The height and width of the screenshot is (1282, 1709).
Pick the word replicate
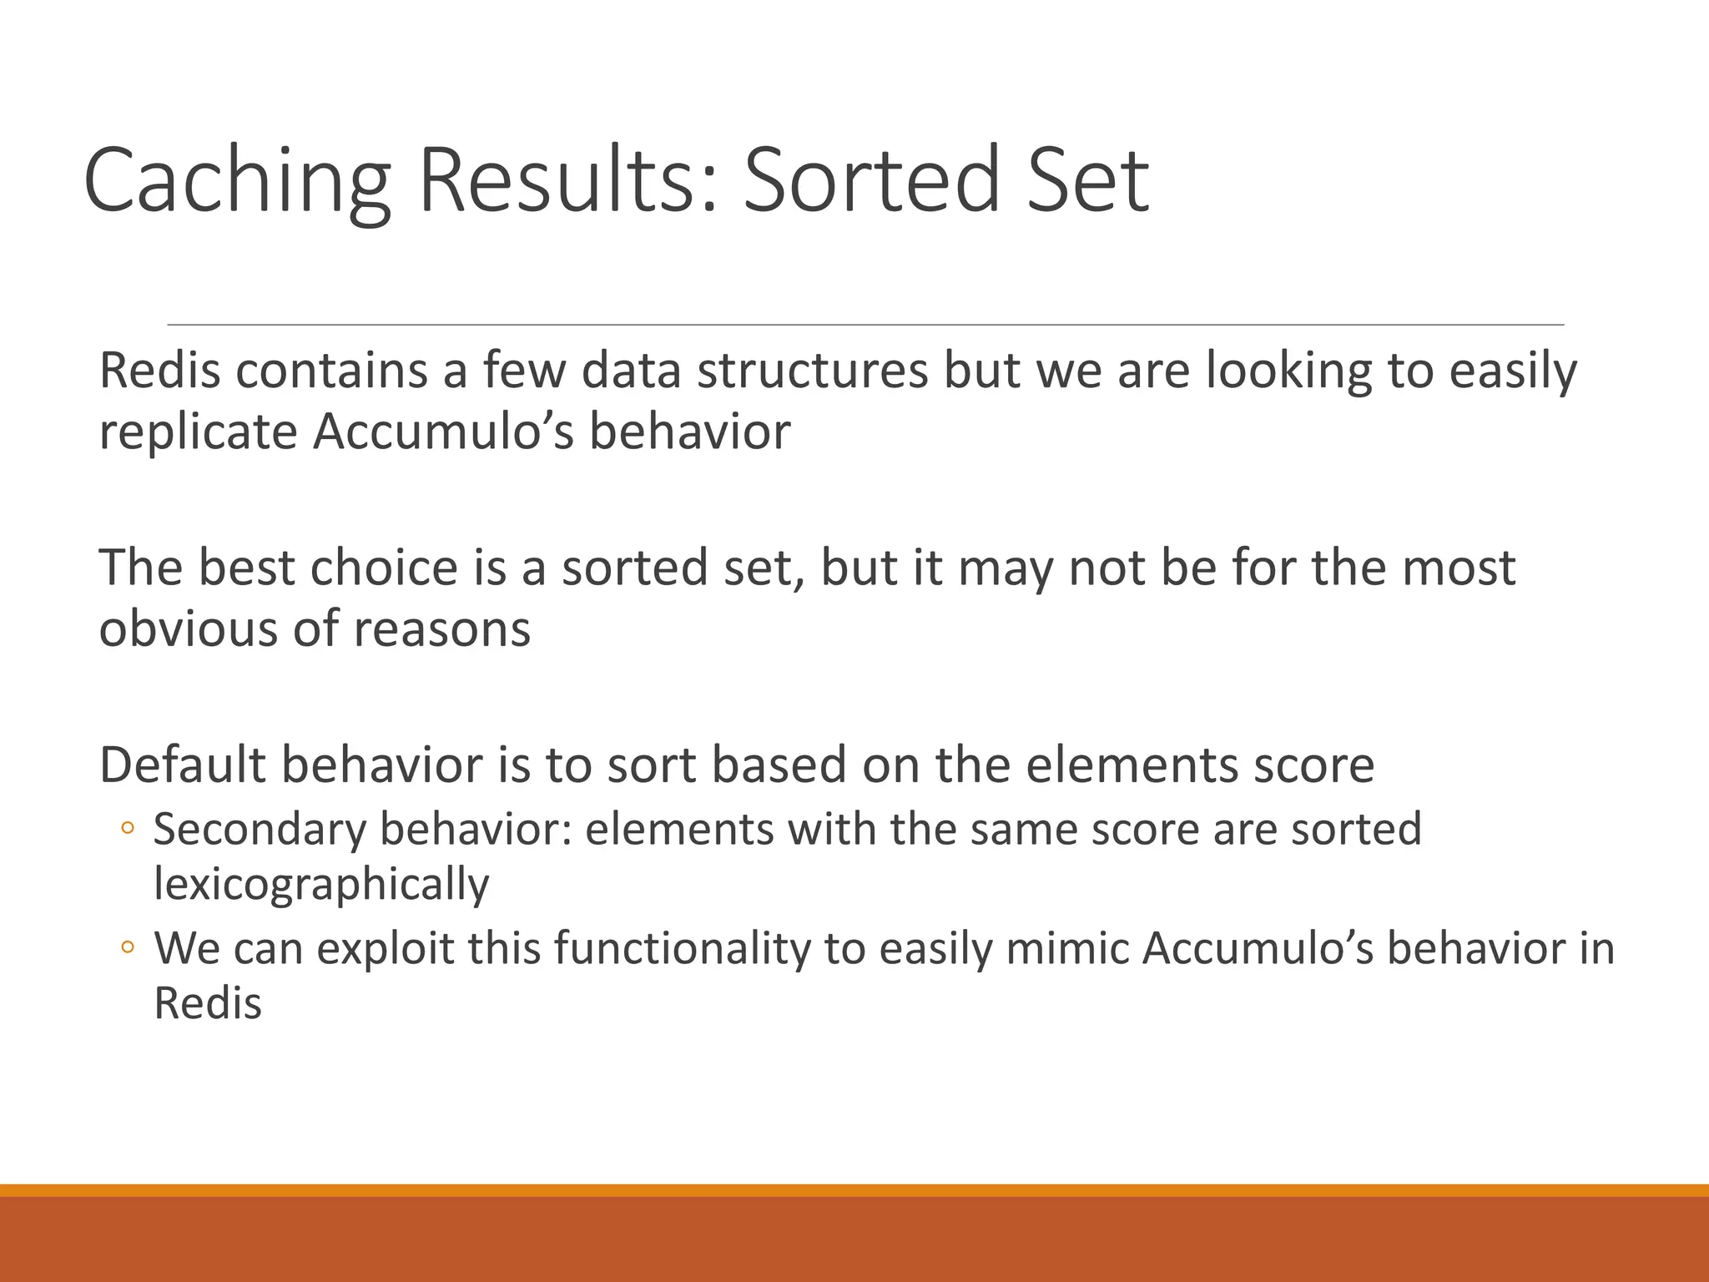[198, 432]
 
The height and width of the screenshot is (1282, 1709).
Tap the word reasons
[441, 628]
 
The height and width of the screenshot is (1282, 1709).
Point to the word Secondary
[260, 830]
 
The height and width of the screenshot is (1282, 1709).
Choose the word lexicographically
[321, 885]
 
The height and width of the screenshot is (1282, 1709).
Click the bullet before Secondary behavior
[127, 828]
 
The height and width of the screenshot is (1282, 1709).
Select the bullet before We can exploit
[127, 947]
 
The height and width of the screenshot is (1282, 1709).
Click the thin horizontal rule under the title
[865, 324]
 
